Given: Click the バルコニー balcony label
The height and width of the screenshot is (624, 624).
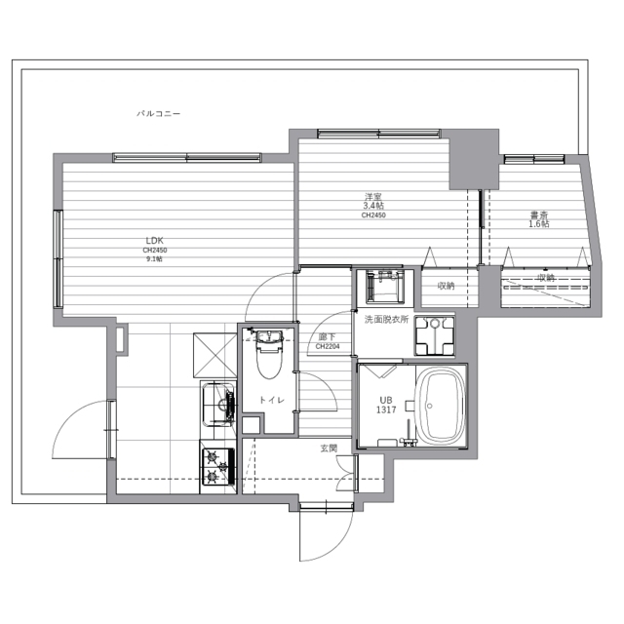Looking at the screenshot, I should point(158,114).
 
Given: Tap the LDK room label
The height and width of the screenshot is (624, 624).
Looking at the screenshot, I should point(155,240).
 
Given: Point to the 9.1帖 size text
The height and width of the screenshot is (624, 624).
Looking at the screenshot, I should point(154,259).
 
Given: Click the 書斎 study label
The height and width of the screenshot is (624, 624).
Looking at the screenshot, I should point(538,214).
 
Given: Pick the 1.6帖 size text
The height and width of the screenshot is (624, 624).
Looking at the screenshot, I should point(538,224).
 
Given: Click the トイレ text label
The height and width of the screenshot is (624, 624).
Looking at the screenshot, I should point(272,400).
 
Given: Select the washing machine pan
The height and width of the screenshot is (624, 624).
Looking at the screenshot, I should point(434,336).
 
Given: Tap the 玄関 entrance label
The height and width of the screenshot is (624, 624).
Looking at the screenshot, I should point(329,448).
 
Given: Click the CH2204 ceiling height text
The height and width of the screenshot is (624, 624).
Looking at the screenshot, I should point(328,345).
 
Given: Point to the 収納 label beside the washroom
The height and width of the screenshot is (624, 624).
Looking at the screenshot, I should point(446,286).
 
